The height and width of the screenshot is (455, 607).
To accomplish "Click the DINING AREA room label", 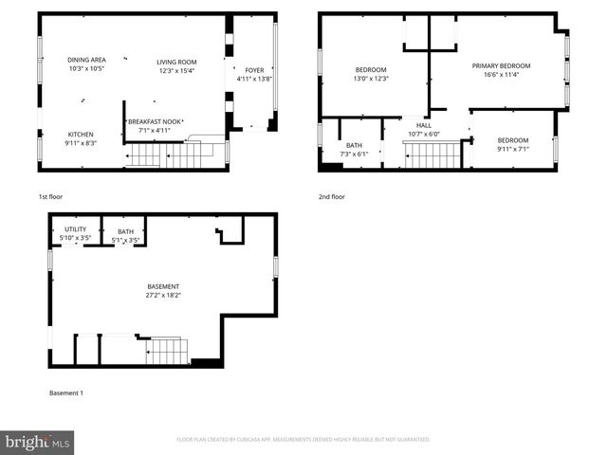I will click(86, 59).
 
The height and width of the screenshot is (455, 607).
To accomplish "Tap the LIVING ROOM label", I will click(176, 63).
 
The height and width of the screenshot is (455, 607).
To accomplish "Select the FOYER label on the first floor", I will click(254, 70).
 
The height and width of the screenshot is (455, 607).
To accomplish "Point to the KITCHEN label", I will click(82, 134).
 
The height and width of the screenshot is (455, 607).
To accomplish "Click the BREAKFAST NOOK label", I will click(156, 121).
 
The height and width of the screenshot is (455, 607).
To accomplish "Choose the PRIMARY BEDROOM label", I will click(501, 65).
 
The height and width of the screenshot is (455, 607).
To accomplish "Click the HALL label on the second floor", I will click(423, 124).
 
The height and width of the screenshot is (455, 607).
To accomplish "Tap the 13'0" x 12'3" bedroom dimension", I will click(371, 79).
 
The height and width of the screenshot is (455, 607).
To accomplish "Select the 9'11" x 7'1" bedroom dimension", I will click(513, 149).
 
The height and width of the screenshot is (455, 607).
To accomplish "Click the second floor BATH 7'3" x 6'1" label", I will click(354, 149).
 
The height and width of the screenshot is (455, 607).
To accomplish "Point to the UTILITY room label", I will click(75, 229).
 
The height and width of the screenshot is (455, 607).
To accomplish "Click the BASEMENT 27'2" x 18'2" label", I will click(162, 291).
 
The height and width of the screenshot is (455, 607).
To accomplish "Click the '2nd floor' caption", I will click(332, 197).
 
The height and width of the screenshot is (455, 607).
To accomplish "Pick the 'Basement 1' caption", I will click(65, 392).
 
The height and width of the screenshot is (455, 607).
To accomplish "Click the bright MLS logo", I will click(37, 442).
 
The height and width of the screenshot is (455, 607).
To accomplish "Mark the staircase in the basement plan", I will click(168, 352).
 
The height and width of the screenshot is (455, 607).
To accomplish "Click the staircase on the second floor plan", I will click(432, 155).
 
